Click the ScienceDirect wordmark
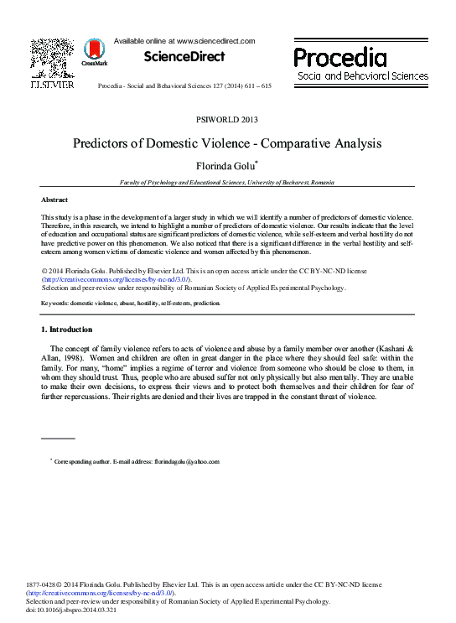(x=184, y=57)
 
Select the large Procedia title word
(x=339, y=58)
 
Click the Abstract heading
(x=54, y=200)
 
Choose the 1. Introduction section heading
(x=67, y=329)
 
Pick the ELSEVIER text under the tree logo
(x=52, y=85)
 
